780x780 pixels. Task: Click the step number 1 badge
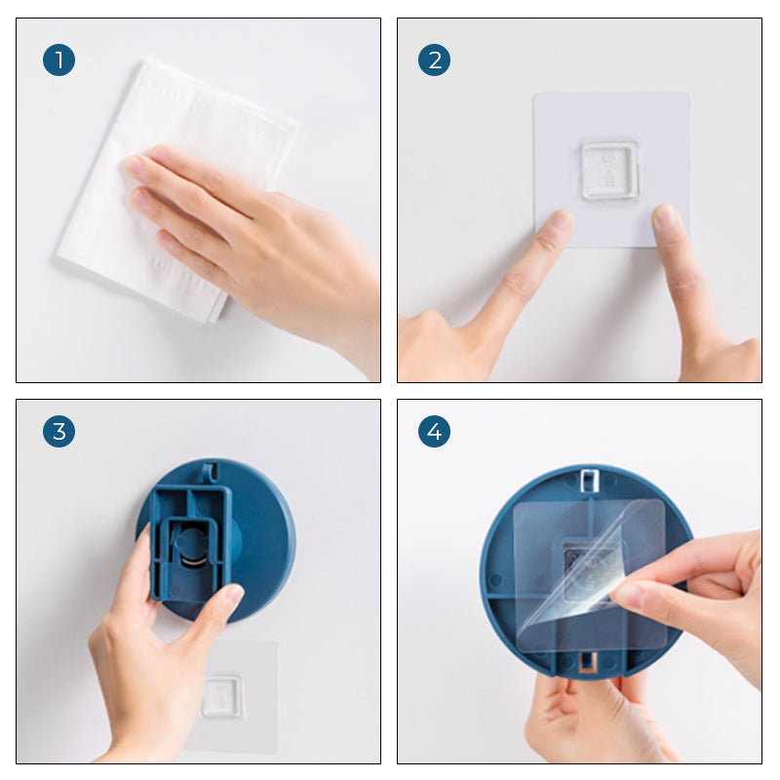coord(58,59)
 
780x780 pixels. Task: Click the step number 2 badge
coord(434,59)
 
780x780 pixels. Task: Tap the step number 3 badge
coord(58,431)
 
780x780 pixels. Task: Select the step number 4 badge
coord(434,431)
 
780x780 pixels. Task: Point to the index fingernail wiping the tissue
coord(134,164)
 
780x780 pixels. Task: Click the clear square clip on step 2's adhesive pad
coord(608,171)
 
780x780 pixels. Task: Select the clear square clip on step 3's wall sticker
coord(223,696)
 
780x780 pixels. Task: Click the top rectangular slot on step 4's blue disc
coord(589,480)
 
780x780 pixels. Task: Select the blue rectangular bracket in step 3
coord(191,545)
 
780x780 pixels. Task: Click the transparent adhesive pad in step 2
coord(611,169)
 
